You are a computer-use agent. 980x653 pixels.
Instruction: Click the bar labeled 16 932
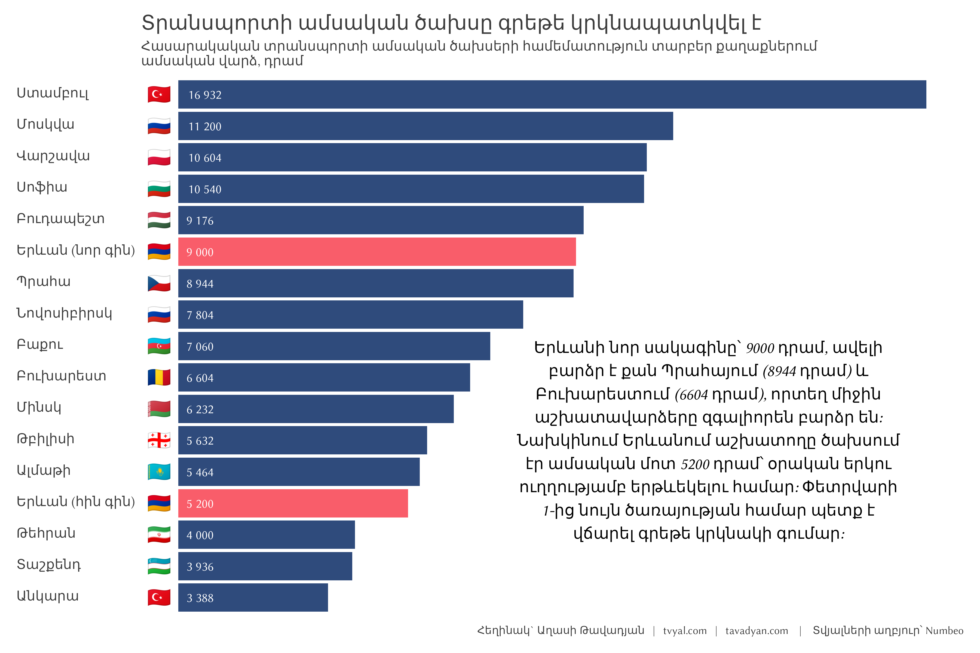pos(552,94)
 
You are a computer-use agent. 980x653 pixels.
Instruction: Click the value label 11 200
pos(205,127)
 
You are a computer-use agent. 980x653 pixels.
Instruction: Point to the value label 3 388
pos(200,598)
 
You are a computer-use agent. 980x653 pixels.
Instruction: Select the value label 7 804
pos(200,315)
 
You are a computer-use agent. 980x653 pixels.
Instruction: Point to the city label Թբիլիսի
pos(45,439)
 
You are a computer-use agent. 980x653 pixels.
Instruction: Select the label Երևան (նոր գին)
pos(76,250)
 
